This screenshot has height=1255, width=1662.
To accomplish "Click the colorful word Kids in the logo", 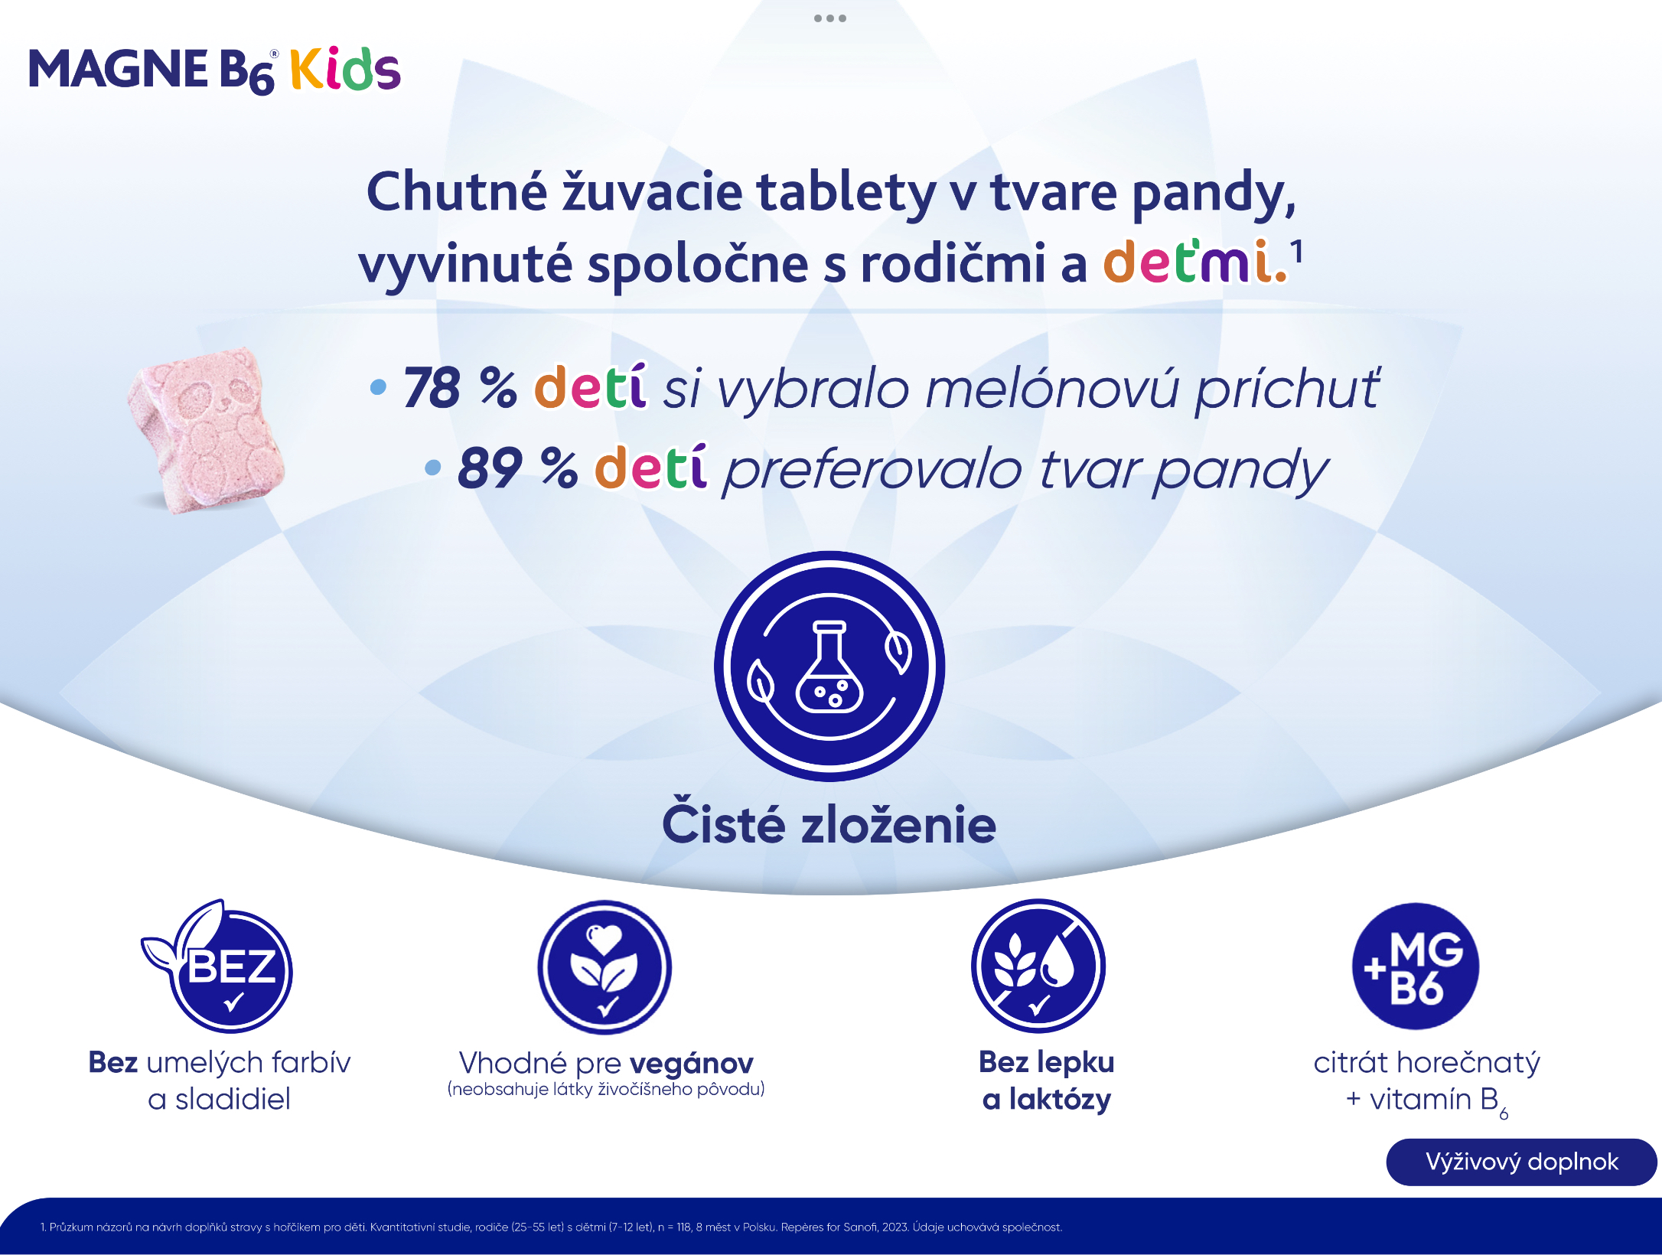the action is [345, 69].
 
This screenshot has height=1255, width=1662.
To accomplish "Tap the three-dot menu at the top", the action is [830, 18].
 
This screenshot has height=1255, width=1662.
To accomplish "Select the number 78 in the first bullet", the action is [432, 387].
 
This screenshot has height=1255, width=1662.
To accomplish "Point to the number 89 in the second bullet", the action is [490, 468].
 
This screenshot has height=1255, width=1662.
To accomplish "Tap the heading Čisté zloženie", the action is [829, 825].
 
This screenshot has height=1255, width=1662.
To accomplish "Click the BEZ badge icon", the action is [218, 967].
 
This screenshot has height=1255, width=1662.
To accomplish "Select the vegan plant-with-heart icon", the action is [605, 967].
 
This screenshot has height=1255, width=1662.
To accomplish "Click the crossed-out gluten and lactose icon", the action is [1038, 966].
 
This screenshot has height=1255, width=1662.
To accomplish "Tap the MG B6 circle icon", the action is [1416, 966].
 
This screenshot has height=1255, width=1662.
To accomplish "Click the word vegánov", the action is [692, 1063].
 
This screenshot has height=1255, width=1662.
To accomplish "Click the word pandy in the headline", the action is [1214, 193].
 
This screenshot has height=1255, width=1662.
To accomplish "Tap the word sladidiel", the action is [233, 1100].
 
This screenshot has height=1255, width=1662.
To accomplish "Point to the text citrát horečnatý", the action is [1426, 1063].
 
